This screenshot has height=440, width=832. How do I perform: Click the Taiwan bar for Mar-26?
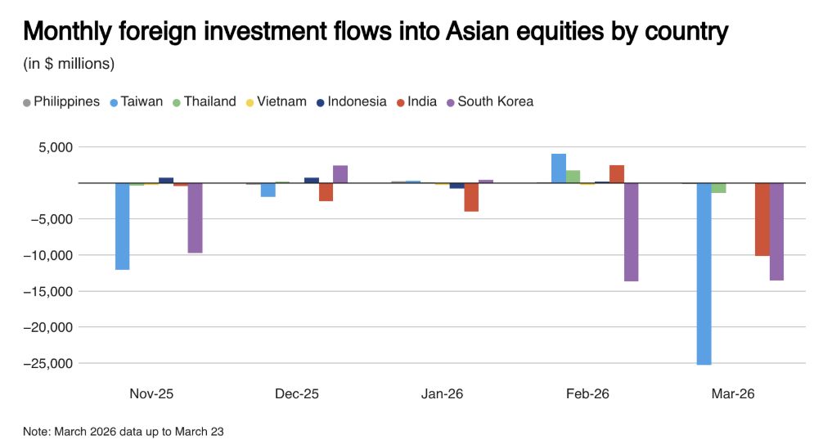pos(704,273)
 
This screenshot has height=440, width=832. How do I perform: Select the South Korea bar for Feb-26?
pos(631,231)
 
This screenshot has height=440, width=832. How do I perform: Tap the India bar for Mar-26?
pos(762,219)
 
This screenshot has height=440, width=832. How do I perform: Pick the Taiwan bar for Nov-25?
pos(122,226)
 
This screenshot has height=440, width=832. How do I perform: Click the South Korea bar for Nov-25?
pos(195,218)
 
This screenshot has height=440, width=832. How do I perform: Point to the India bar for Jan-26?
pos(471,197)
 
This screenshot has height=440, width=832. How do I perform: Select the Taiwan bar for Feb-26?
pos(559,168)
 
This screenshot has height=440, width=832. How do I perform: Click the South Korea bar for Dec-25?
pos(340,174)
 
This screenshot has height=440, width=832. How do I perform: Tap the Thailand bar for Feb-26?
pos(573,177)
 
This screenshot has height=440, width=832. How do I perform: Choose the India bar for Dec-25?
pos(326,191)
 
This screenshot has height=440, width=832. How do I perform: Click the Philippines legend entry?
pos(61,101)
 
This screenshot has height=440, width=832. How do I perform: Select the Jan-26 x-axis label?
pos(442,393)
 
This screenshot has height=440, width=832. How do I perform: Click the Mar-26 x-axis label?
pos(733,393)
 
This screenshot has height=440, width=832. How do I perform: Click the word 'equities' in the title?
pos(500,32)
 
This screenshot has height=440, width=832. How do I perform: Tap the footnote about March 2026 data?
pos(124,430)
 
